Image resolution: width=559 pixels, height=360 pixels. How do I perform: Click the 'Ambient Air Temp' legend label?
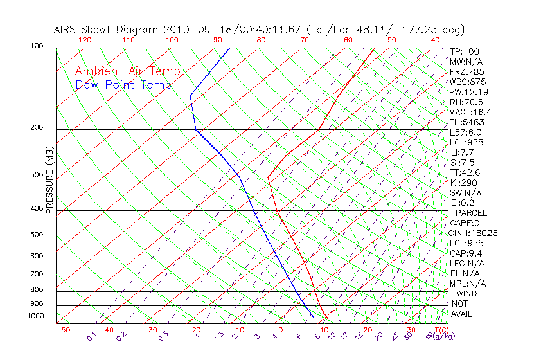pyautogui.click(x=127, y=71)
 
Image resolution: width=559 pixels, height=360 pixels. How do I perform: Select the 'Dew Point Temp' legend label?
pyautogui.click(x=123, y=85)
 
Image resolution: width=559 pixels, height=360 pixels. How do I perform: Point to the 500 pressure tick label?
pyautogui.click(x=36, y=235)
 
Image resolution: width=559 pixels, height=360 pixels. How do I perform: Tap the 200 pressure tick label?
pyautogui.click(x=36, y=128)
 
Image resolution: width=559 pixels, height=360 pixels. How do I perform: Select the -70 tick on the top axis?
pyautogui.click(x=301, y=40)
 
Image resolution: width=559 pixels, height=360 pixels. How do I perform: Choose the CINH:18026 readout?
pyautogui.click(x=474, y=233)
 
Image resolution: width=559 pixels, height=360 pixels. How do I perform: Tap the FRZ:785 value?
pyautogui.click(x=467, y=72)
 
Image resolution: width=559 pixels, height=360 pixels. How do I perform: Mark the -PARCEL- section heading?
pyautogui.click(x=472, y=213)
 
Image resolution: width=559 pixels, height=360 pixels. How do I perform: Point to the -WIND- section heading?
pyautogui.click(x=467, y=294)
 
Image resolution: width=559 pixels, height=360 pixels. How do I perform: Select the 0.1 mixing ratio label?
pyautogui.click(x=92, y=336)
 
